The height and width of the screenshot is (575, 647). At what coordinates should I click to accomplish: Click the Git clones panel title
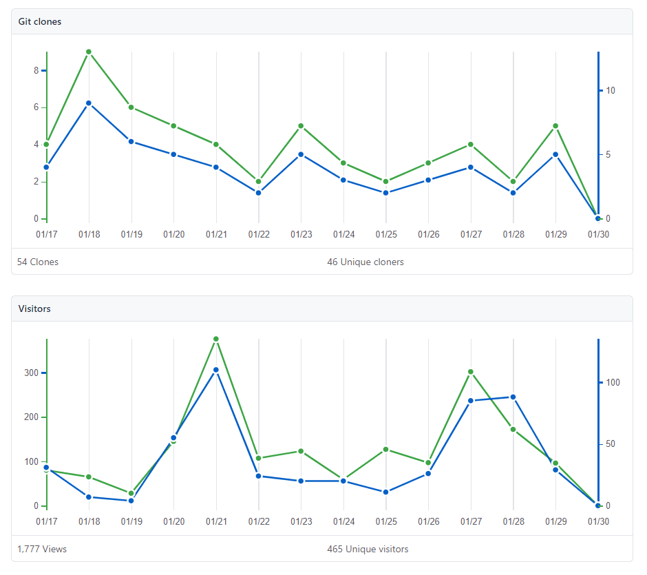(39, 21)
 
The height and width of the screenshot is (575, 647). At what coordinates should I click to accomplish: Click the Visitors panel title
(34, 309)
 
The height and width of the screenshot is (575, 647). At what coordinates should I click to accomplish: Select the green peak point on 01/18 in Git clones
(89, 52)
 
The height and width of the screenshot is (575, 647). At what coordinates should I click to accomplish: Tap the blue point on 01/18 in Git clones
(89, 103)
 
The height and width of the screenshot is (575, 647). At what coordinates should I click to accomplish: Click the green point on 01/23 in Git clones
(301, 126)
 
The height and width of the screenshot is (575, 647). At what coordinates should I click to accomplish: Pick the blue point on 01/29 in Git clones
(556, 154)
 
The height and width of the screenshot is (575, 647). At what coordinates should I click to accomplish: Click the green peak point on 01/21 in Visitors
(216, 339)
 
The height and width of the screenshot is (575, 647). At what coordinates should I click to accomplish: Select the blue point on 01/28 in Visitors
(513, 397)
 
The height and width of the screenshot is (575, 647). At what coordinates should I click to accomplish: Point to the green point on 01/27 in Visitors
(471, 372)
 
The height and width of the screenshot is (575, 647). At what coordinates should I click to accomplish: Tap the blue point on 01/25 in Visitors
(386, 492)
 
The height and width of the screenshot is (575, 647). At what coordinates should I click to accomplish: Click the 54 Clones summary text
(38, 262)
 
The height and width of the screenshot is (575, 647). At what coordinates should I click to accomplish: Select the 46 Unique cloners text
(365, 262)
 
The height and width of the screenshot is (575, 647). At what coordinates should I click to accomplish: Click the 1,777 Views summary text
(42, 549)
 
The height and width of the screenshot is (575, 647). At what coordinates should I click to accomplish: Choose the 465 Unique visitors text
(368, 549)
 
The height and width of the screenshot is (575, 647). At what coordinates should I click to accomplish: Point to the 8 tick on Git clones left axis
(35, 70)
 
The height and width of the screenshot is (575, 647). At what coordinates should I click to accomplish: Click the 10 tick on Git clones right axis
(610, 91)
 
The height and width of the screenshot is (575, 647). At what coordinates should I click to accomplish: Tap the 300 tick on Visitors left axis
(32, 373)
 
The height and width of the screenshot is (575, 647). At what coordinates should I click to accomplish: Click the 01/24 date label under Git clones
(343, 235)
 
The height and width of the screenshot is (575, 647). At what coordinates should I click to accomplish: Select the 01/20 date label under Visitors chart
(173, 522)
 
